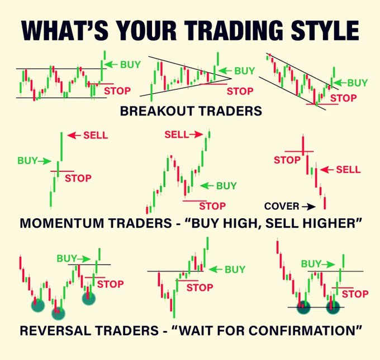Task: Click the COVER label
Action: click(x=281, y=206)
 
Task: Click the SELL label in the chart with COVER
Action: click(x=348, y=169)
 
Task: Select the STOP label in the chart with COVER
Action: click(x=287, y=160)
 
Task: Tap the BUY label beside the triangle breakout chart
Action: click(x=244, y=71)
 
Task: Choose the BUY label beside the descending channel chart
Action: click(x=358, y=83)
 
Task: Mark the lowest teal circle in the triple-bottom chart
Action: click(x=58, y=313)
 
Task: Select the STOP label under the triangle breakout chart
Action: click(x=240, y=91)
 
